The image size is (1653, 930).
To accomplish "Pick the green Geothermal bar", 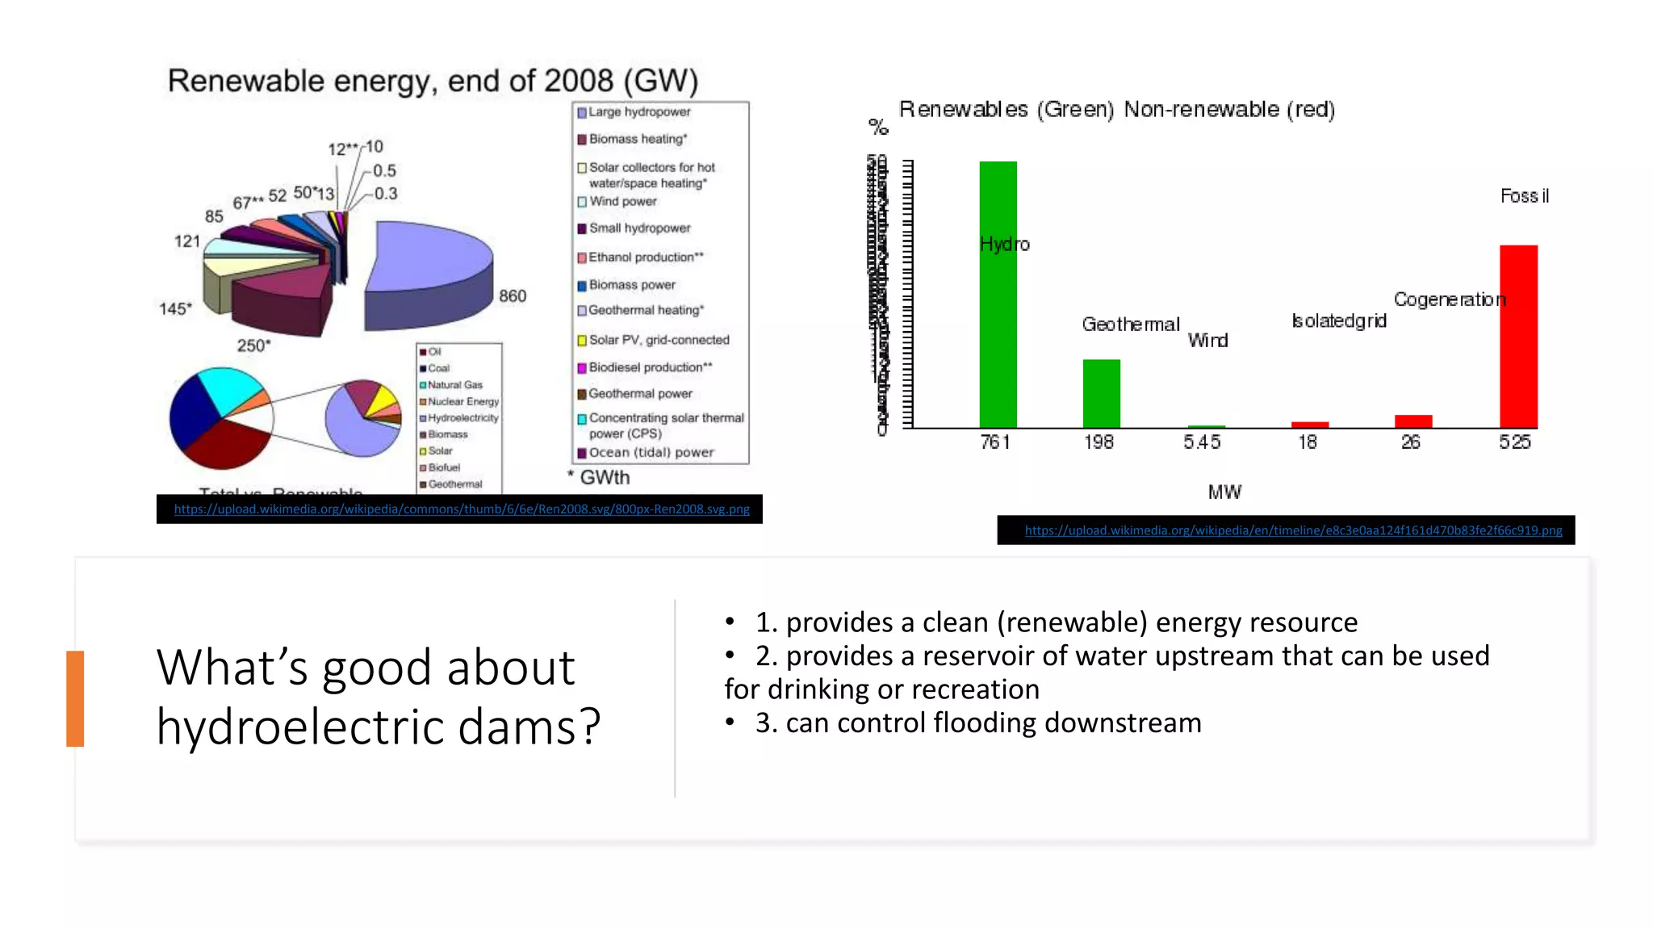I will pos(1101,394).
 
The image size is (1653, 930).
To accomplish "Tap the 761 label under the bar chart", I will pos(995,442).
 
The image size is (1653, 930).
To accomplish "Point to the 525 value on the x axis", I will pos(1514,442).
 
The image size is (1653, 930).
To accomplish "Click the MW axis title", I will pos(1224,492).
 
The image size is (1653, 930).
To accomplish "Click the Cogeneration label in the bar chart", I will pos(1449,300).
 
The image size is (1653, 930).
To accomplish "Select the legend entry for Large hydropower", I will pos(638,112).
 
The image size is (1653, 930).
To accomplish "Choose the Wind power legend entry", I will pos(622,202).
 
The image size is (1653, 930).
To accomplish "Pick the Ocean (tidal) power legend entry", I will pos(651,453).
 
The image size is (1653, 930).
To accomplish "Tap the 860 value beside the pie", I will pos(513,296).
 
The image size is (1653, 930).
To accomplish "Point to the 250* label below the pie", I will pos(253,346).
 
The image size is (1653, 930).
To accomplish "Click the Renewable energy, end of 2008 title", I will pos(433,82).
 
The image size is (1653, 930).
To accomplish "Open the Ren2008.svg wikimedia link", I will pos(461,509).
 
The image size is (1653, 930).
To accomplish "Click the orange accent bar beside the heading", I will pos(75,698).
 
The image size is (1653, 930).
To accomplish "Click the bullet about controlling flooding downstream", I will pos(977,723).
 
